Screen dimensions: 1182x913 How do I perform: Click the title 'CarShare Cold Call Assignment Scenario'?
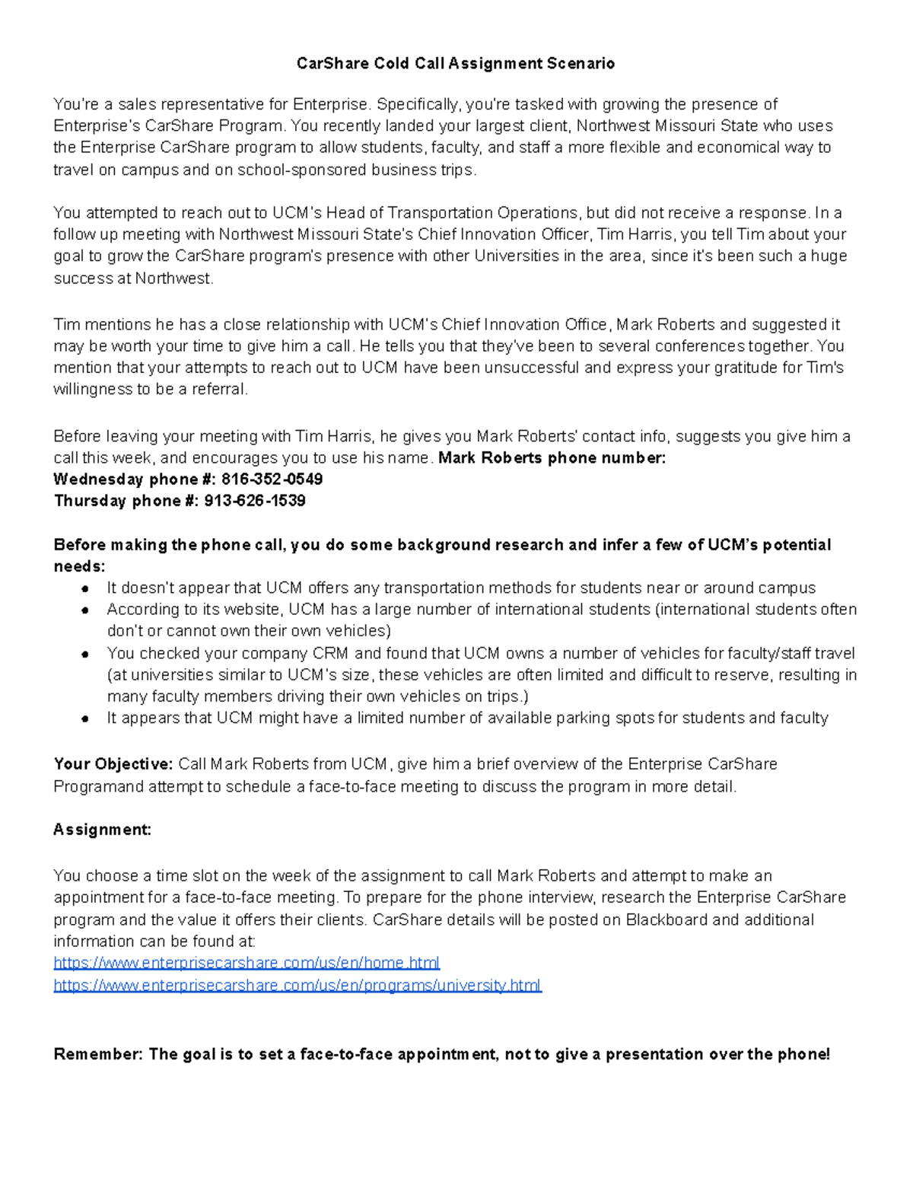(x=456, y=63)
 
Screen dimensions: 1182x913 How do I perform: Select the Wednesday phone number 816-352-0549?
(x=272, y=479)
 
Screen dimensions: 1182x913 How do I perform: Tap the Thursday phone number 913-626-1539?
(x=255, y=501)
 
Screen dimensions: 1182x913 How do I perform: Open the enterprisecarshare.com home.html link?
(x=247, y=963)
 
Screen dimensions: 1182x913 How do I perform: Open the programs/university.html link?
(x=297, y=985)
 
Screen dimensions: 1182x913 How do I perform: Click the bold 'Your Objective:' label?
(x=113, y=764)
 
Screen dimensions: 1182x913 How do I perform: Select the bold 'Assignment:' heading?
(x=102, y=830)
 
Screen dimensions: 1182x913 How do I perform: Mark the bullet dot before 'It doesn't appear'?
(x=87, y=588)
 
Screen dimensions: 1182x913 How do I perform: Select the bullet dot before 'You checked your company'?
(x=87, y=654)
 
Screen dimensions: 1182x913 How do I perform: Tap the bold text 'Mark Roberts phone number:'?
(x=552, y=458)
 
